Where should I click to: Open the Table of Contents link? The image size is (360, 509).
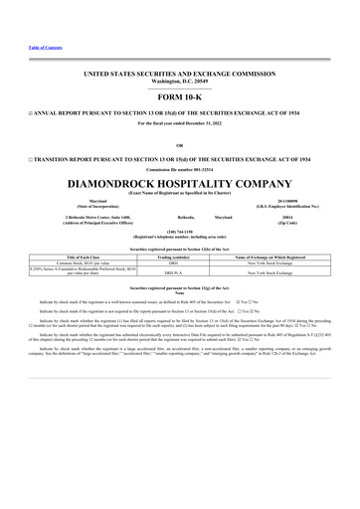[28, 47]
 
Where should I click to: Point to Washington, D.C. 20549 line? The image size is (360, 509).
[180, 81]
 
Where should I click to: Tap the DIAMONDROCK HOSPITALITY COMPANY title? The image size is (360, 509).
[180, 185]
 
